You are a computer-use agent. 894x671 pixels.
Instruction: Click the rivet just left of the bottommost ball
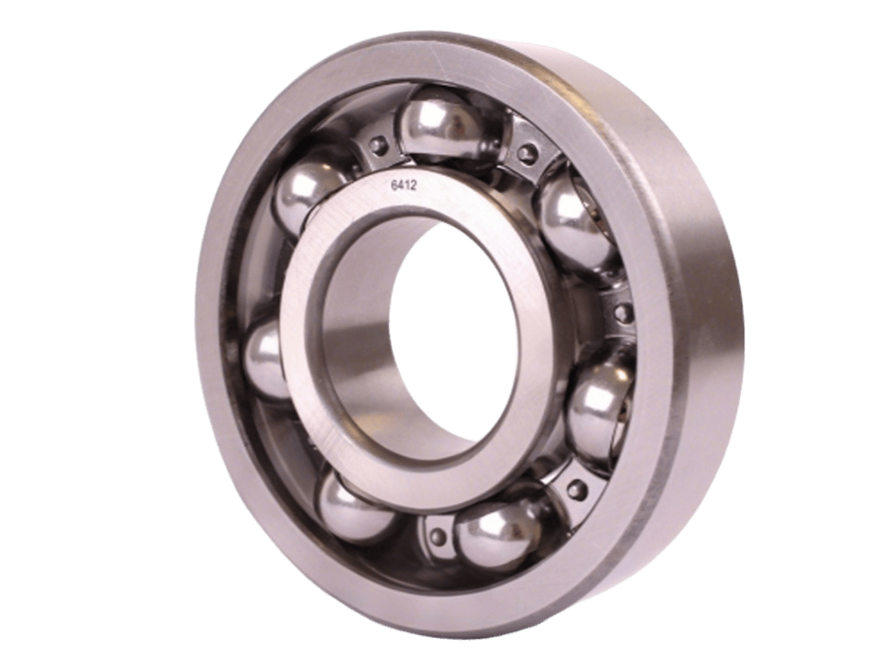[x=433, y=530]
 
